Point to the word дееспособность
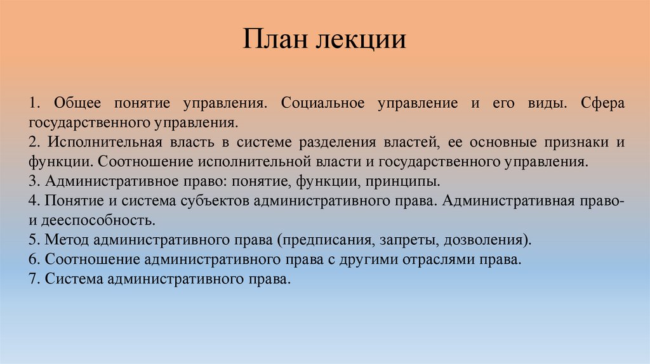click(x=98, y=221)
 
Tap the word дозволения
click(x=487, y=240)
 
